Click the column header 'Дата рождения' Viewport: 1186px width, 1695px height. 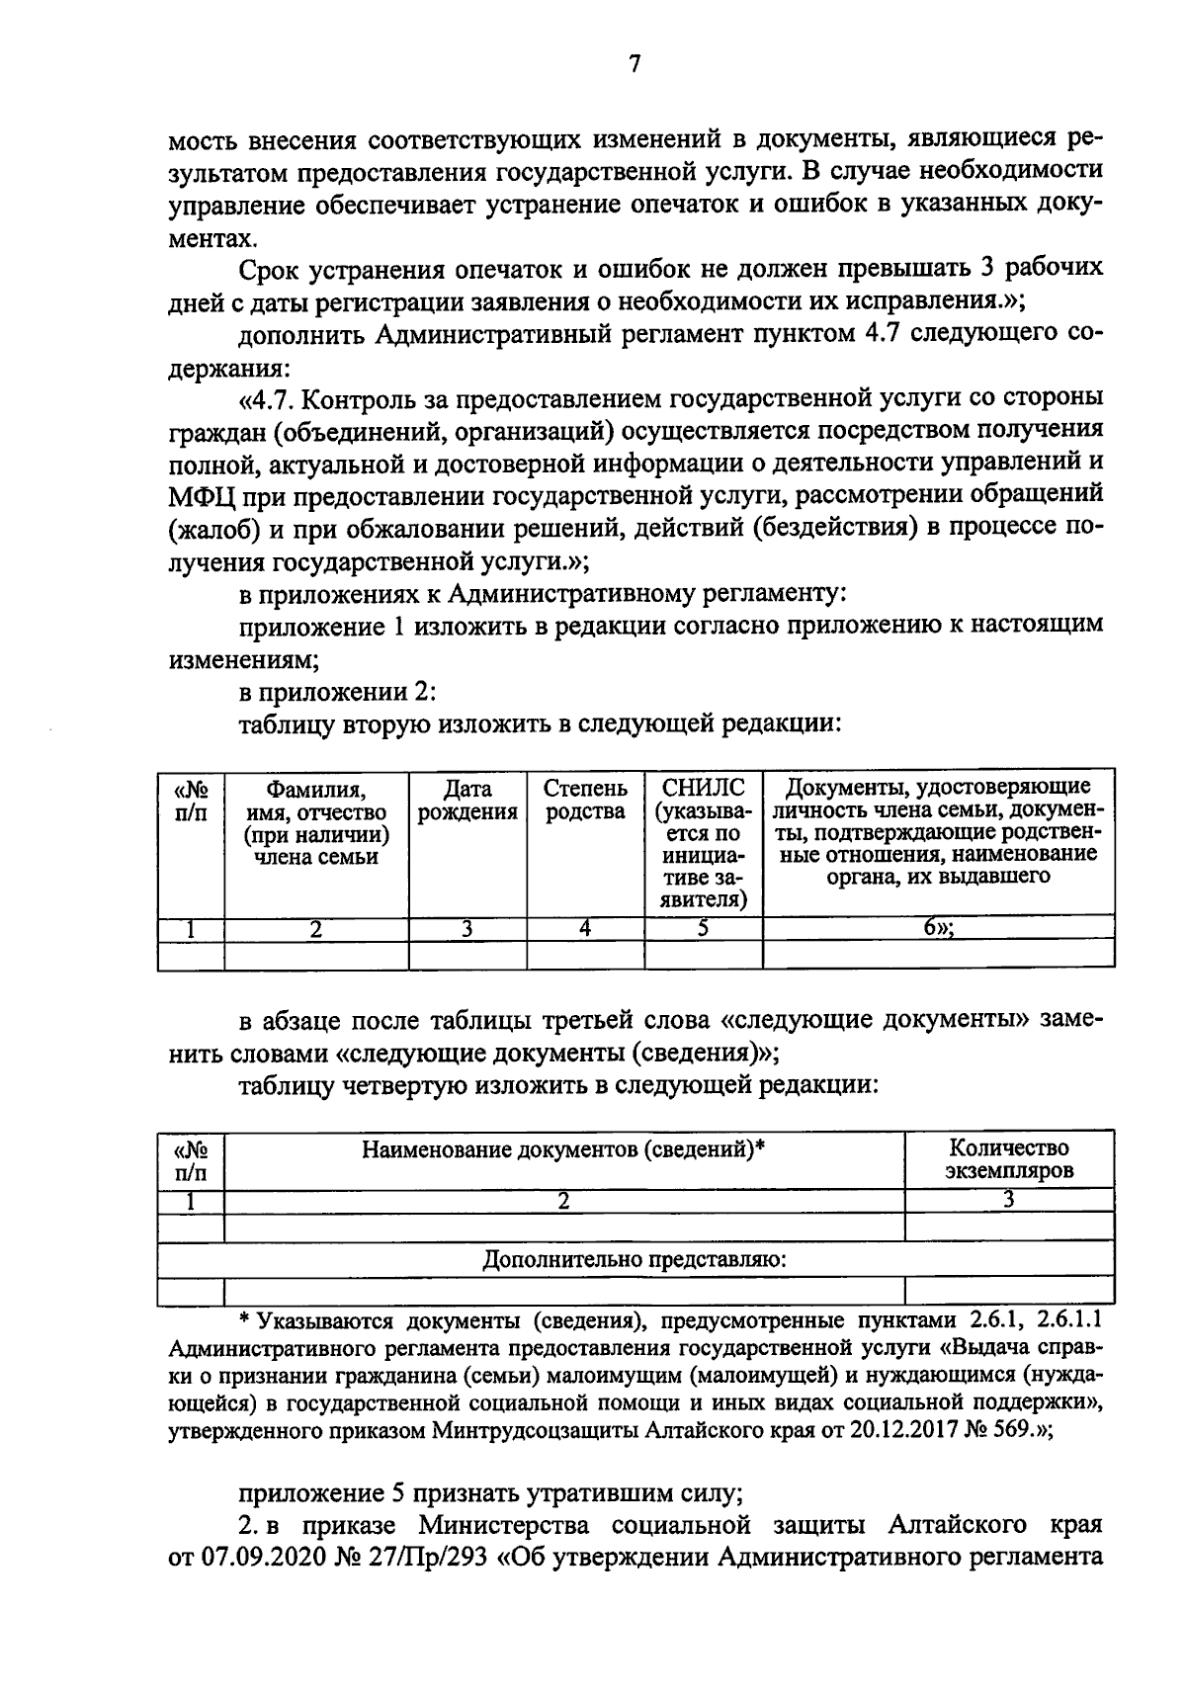click(x=467, y=801)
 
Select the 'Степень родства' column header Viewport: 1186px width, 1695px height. click(x=585, y=801)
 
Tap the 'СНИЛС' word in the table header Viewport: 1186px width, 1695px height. click(x=703, y=788)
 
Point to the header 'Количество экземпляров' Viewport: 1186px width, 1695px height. click(x=1009, y=1159)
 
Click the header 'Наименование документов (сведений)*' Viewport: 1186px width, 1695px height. click(x=564, y=1148)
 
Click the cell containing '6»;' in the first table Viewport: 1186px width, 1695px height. click(x=938, y=927)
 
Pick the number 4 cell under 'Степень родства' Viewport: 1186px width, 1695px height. click(x=585, y=927)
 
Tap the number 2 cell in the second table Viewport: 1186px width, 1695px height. click(x=564, y=1201)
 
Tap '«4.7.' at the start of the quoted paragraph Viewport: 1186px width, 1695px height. click(x=263, y=398)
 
